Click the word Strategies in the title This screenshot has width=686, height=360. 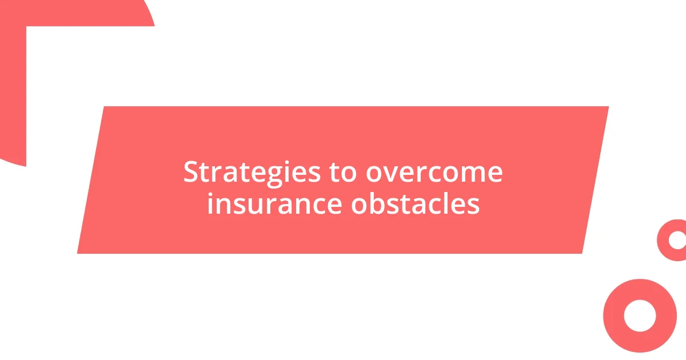252,172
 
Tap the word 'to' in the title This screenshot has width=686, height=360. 343,172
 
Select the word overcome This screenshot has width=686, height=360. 434,172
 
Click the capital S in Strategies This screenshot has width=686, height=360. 190,172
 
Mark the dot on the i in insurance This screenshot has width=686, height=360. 210,193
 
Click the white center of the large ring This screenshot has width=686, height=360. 640,315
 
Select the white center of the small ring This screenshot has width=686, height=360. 677,240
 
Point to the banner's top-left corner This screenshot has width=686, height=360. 105,107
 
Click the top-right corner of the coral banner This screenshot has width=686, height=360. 608,107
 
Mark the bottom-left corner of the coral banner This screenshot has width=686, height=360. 78,253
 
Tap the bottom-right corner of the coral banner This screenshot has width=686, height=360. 581,253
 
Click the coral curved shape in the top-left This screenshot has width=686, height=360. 13,86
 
